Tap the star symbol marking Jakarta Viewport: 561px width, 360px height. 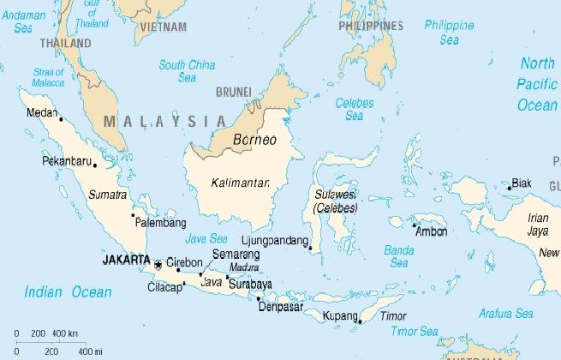click(x=157, y=263)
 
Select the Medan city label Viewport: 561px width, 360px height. click(x=41, y=111)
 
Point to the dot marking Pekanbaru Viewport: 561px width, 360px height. click(x=94, y=165)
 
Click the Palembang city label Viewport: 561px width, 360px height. click(x=161, y=223)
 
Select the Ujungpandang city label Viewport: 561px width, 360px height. click(x=273, y=240)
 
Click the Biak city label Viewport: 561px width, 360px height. click(x=521, y=183)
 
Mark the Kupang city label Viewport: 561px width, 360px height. click(x=339, y=317)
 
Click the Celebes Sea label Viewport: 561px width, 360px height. click(x=354, y=108)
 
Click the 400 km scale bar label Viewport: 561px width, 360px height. click(x=65, y=333)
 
